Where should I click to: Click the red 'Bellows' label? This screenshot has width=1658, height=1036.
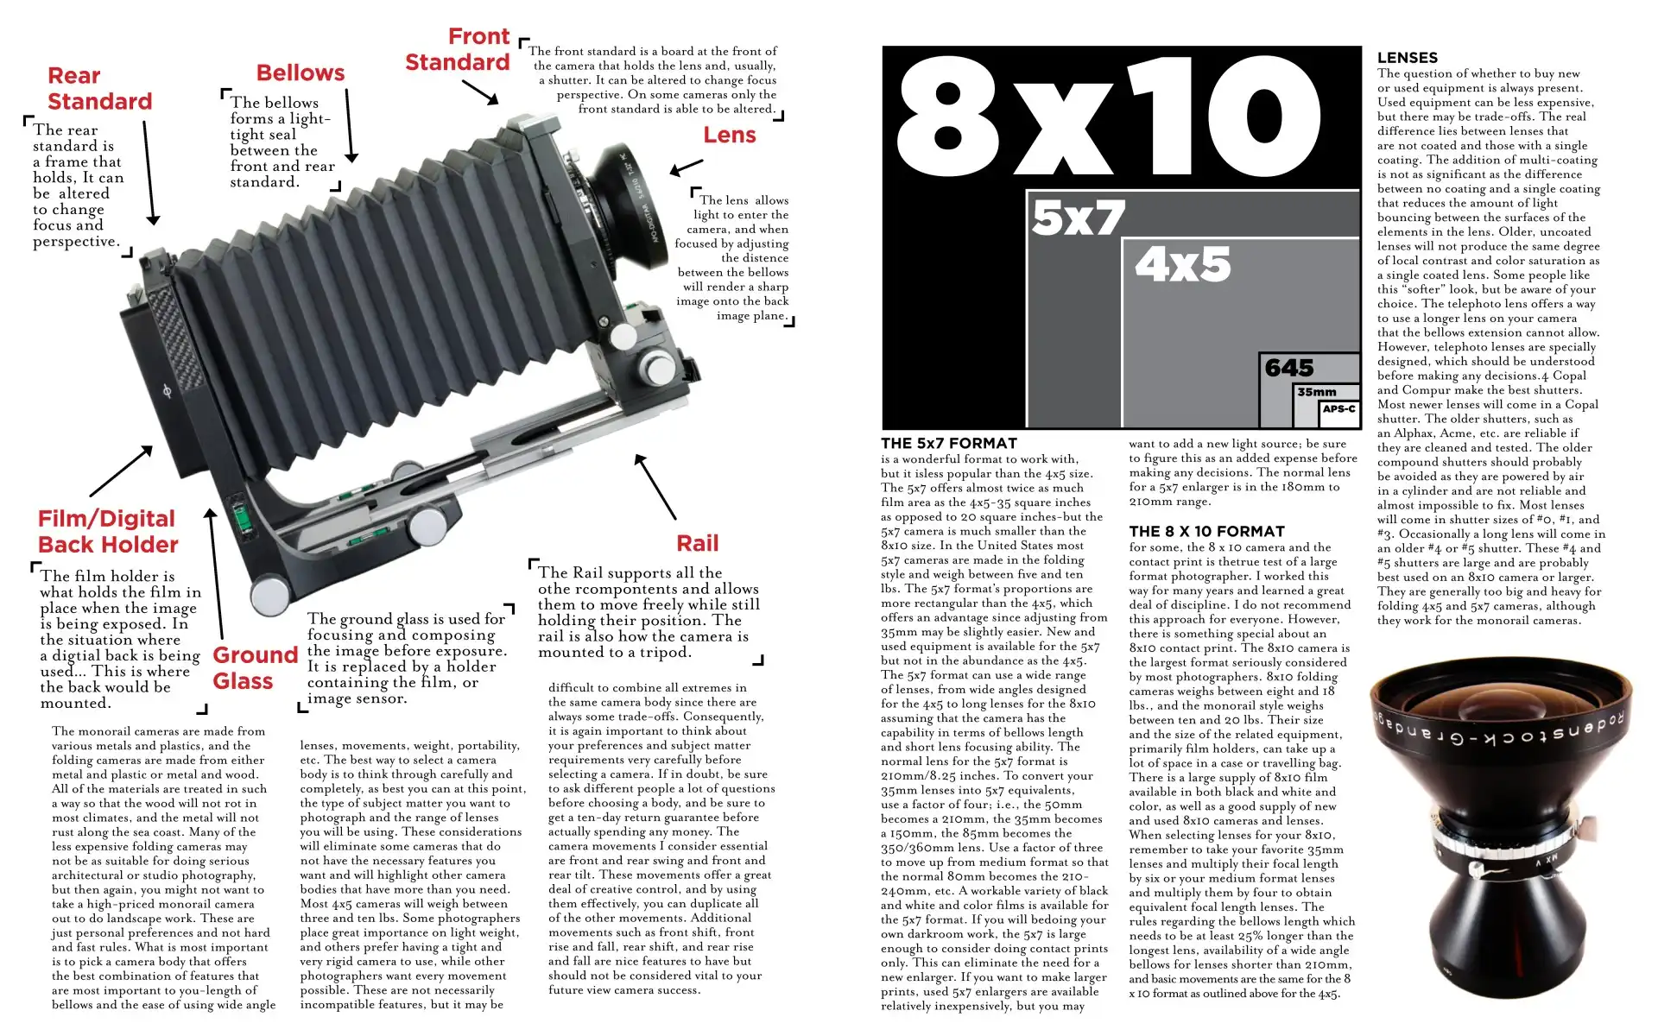[301, 73]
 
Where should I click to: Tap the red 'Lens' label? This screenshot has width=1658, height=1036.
[730, 136]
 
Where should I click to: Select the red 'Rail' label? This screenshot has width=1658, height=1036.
[698, 544]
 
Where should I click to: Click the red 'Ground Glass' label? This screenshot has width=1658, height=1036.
[256, 668]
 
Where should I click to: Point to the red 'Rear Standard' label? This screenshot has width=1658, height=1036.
[99, 89]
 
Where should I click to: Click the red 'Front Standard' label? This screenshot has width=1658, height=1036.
[458, 49]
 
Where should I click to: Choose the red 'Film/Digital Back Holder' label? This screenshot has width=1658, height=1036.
[108, 532]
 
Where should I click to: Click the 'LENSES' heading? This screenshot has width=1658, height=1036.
[1408, 58]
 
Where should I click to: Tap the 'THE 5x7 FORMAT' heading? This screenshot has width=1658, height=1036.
[949, 444]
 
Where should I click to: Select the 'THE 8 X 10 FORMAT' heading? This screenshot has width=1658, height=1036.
[1207, 532]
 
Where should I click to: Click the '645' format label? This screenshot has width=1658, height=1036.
[1289, 369]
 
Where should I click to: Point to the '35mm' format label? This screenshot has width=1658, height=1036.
[1317, 392]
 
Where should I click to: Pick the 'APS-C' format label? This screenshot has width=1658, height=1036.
[1339, 408]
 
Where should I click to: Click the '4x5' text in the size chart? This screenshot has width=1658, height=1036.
[1183, 264]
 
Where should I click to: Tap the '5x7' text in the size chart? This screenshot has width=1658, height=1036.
[1079, 217]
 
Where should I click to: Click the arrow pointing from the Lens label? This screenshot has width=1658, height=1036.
[687, 167]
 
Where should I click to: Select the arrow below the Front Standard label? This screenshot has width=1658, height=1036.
[480, 92]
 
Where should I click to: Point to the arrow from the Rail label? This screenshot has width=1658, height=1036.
[655, 486]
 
